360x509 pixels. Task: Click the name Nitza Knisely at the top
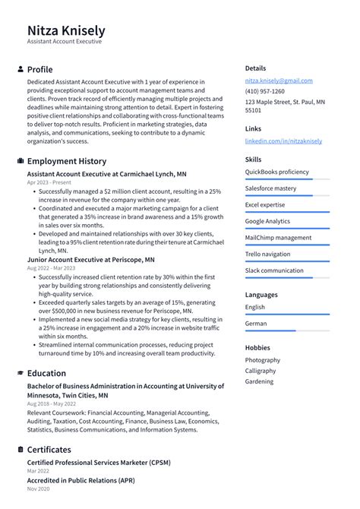(66, 30)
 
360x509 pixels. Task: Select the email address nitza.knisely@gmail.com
(278, 81)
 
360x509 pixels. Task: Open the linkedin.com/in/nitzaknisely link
(283, 141)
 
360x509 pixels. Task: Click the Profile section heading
(39, 69)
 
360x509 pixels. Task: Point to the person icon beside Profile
(20, 69)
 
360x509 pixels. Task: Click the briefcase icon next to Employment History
(20, 161)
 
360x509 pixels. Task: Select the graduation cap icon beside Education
(20, 373)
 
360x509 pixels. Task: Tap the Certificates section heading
(49, 450)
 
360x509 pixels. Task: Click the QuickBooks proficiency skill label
(276, 172)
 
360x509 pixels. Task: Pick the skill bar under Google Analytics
(287, 229)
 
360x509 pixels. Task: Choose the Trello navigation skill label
(267, 254)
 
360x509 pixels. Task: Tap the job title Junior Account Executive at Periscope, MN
(90, 259)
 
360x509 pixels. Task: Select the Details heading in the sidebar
(255, 68)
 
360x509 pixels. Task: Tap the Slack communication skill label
(273, 270)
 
